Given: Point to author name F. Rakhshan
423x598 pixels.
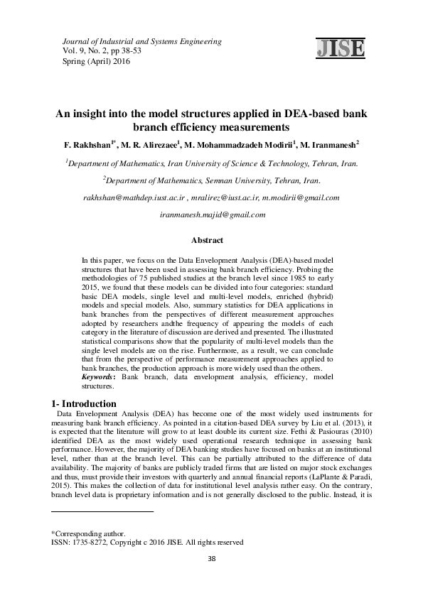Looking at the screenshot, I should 87,144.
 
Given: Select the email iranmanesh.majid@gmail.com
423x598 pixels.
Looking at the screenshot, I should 211,213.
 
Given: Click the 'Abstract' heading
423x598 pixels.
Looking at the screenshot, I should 211,241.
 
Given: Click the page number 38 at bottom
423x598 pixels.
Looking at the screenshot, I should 211,559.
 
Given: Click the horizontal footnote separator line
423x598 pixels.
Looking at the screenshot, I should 103,511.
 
